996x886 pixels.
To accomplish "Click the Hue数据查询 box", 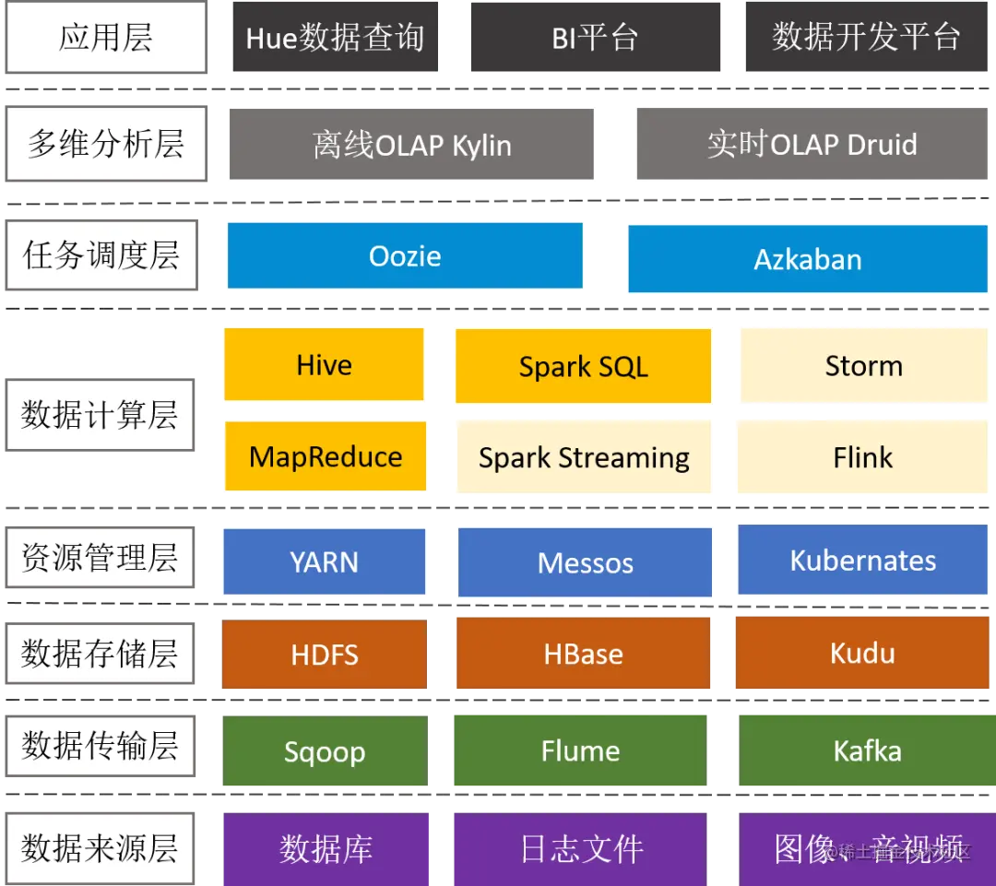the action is point(335,38).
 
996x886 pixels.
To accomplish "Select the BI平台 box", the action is point(595,38).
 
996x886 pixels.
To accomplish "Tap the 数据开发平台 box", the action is point(866,38).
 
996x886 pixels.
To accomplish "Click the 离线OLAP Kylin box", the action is point(411,145).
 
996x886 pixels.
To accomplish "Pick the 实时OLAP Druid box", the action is point(812,145).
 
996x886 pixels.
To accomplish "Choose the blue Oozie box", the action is point(405,255).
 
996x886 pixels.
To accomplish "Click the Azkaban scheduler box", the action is point(808,259).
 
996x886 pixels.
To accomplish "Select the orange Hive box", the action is point(325,365).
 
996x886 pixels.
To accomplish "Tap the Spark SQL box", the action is point(583,366).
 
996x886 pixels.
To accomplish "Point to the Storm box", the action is point(863,366).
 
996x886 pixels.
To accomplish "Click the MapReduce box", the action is point(325,456).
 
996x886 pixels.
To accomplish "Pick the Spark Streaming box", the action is point(583,457).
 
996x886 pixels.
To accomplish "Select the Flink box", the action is point(863,457).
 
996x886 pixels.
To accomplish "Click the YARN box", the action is point(325,561).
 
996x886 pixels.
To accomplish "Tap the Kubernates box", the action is point(863,561).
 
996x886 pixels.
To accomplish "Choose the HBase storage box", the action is point(583,654).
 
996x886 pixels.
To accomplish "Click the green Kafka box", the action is point(867,750).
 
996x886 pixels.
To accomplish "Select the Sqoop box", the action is point(325,751).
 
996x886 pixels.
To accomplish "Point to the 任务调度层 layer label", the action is point(101,255).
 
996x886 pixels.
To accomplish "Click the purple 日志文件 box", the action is point(581,848).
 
